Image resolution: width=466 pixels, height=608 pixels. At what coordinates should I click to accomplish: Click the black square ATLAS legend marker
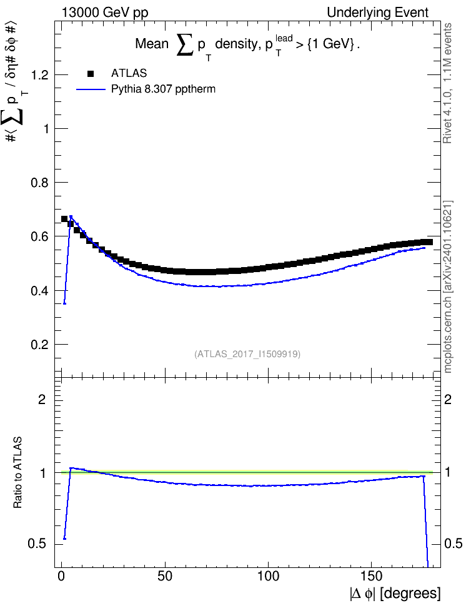(91, 74)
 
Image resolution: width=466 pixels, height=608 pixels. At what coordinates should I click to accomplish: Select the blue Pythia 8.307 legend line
(91, 89)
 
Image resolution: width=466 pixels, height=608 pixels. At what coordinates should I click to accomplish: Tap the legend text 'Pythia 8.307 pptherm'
(163, 89)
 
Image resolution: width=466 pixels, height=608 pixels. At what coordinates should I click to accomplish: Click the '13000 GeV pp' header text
(105, 13)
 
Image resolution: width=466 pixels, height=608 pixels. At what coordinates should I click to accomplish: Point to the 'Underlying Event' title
(378, 13)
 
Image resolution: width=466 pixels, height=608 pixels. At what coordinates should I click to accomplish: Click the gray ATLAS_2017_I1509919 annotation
(247, 353)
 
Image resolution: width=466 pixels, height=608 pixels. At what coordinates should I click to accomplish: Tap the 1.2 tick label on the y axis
(40, 75)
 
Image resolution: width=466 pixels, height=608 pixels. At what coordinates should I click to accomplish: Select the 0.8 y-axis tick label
(40, 183)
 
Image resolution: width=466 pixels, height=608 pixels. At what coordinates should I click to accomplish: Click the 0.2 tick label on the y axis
(40, 345)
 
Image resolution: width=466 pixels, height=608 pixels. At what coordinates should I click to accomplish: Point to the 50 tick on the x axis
(165, 576)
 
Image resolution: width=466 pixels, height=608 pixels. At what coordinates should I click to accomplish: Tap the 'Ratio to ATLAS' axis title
(17, 473)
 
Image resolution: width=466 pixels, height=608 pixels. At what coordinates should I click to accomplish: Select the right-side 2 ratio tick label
(447, 399)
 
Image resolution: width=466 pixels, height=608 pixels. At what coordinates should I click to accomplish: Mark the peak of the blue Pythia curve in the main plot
(71, 216)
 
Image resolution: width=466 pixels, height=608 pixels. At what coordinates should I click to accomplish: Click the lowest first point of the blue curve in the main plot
(65, 303)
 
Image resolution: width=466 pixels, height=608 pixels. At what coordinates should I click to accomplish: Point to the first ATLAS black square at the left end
(65, 219)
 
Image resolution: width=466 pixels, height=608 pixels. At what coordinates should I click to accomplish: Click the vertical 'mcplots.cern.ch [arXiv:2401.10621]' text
(448, 287)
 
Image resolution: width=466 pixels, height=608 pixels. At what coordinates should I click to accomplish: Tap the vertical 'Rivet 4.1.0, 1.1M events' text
(447, 83)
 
